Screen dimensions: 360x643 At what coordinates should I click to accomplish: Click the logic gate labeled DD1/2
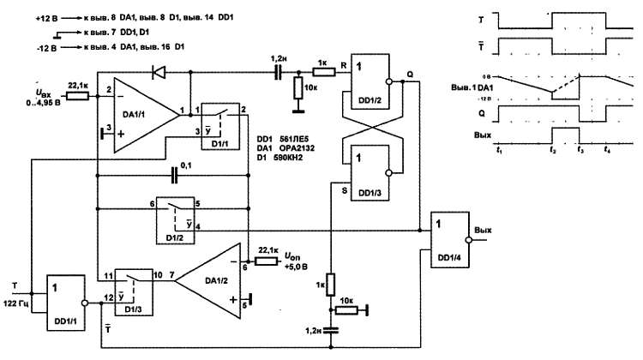[368, 82]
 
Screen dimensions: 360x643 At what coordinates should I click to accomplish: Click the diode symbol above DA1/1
[158, 72]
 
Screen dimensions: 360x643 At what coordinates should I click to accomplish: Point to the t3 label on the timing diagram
[580, 150]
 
